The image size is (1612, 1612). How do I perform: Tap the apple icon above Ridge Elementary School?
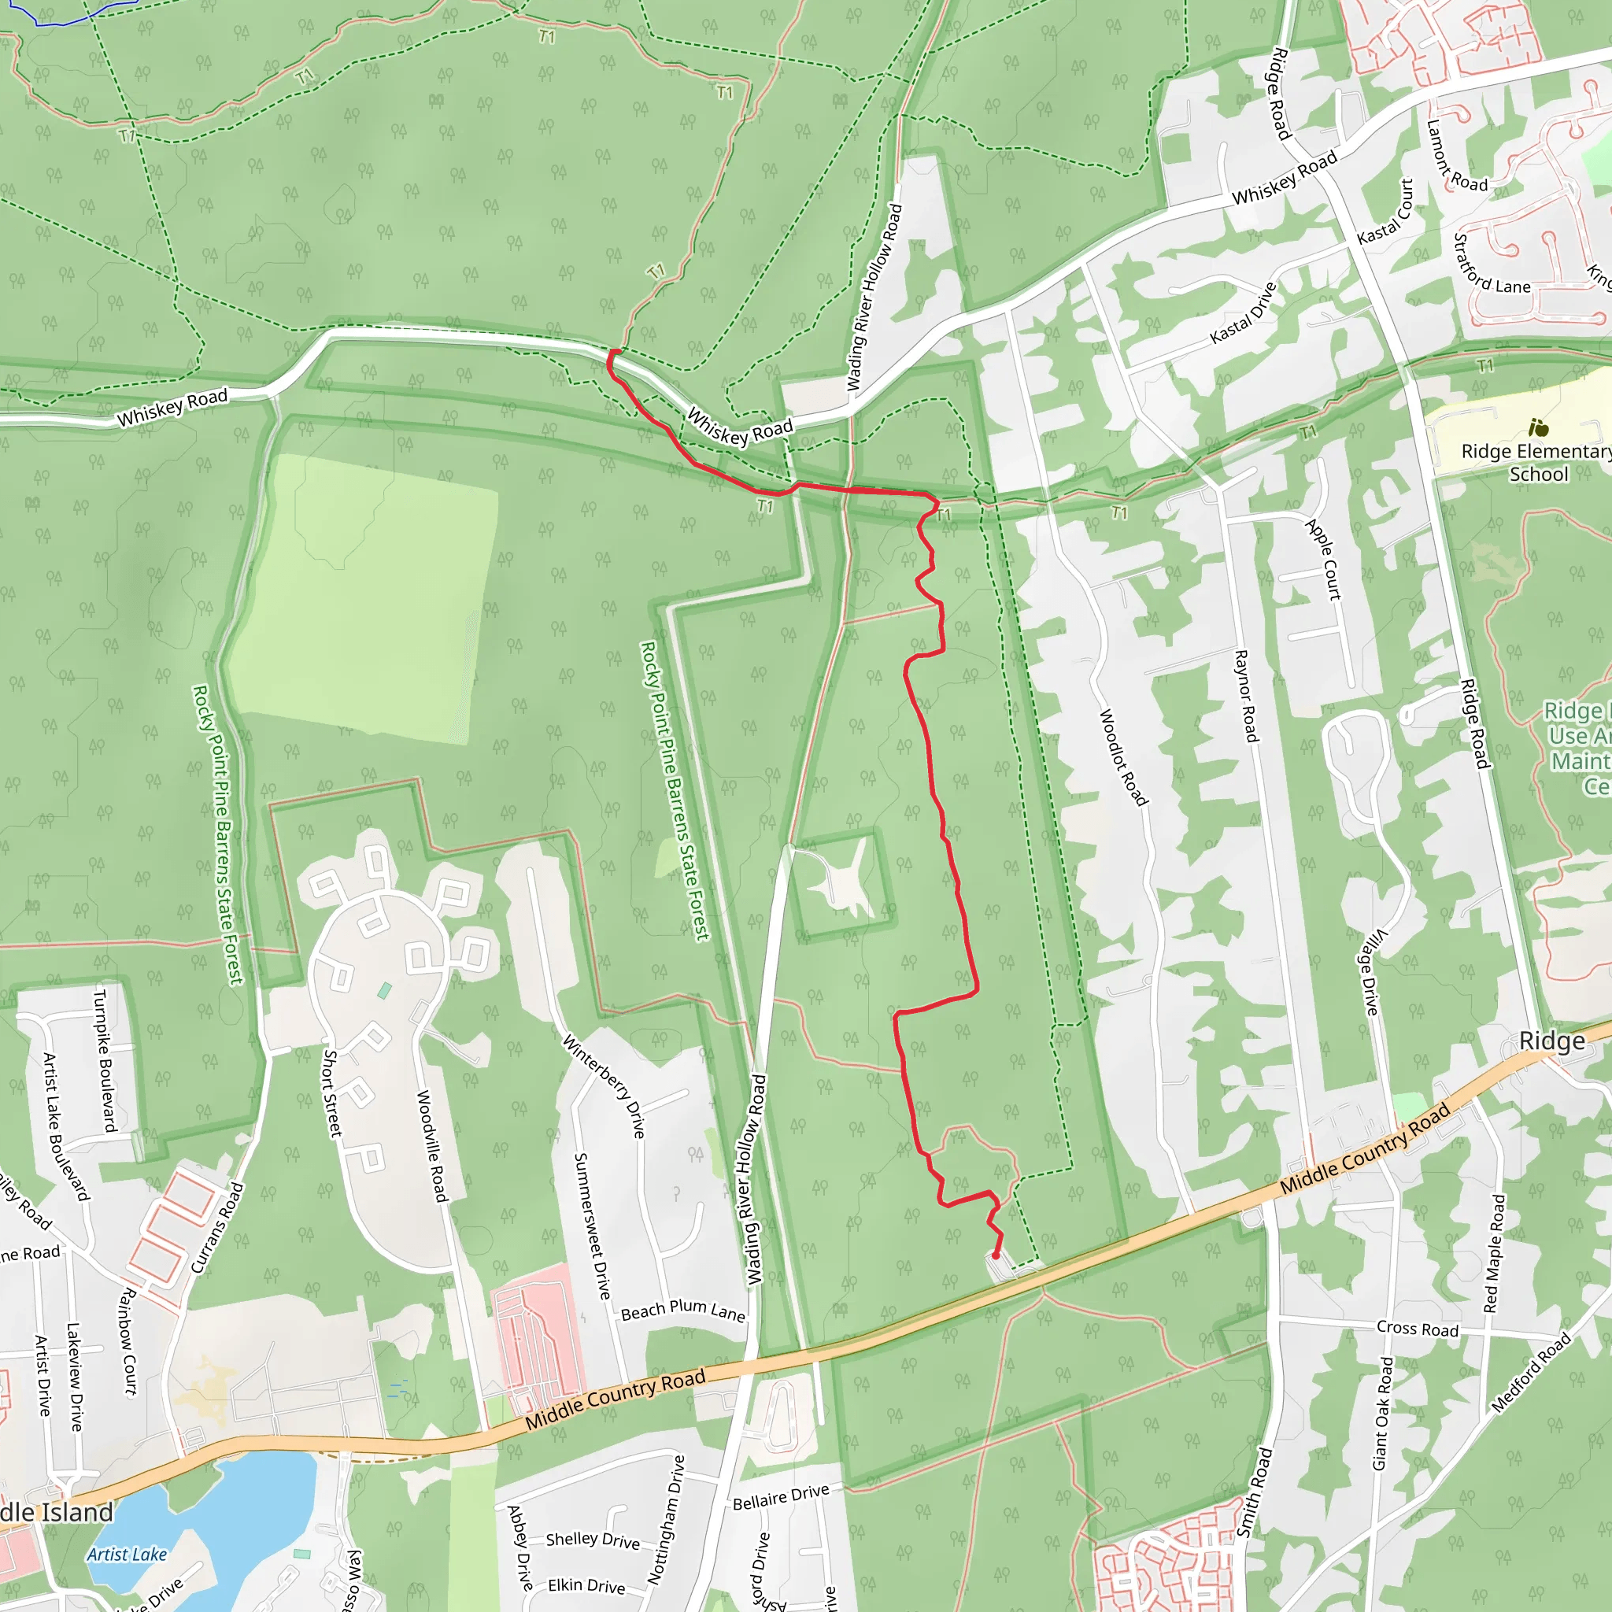tap(1539, 428)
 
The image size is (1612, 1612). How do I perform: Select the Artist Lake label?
tap(127, 1554)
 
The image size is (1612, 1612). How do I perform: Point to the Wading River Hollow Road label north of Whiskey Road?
tap(874, 297)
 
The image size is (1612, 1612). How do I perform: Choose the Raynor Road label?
tap(1245, 696)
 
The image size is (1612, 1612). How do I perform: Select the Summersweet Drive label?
tap(592, 1226)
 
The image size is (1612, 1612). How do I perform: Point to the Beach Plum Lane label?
tap(682, 1311)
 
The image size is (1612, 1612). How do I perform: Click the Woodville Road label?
tap(432, 1145)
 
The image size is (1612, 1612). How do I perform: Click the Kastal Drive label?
tap(1243, 313)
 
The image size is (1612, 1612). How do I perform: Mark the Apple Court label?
tap(1323, 559)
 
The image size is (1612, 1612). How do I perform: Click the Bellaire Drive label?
tap(781, 1497)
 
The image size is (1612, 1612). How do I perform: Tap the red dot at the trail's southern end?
tap(996, 1255)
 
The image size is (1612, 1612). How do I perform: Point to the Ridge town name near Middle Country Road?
tap(1551, 1041)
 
